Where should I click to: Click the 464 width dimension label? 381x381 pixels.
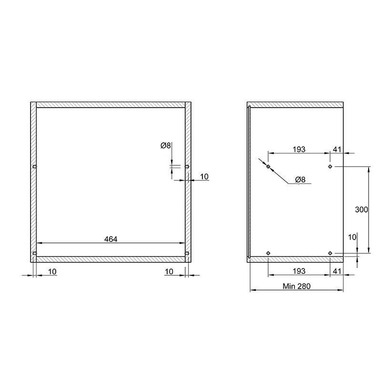(110, 239)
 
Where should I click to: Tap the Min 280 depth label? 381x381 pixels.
(296, 286)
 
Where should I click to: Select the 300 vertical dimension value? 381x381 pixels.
(361, 210)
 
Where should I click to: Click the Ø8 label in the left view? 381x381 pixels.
(166, 146)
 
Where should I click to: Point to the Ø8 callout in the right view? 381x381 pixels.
(300, 180)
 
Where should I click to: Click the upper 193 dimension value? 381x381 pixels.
(299, 149)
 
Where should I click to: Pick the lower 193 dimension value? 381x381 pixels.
(299, 271)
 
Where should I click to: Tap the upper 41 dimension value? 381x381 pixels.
(337, 149)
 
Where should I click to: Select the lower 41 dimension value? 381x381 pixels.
(337, 271)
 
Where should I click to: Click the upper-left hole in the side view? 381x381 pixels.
(268, 166)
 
